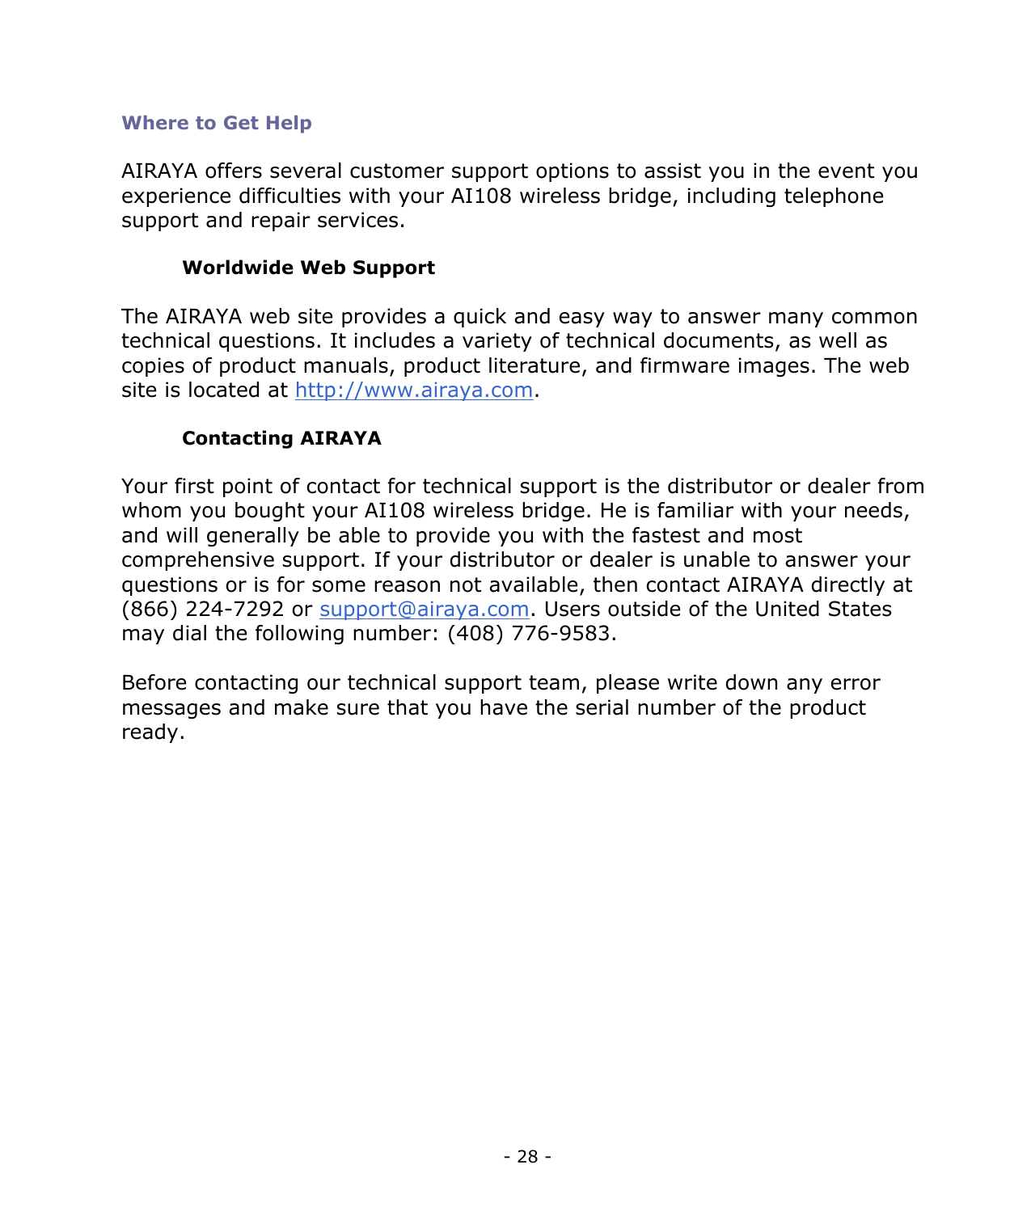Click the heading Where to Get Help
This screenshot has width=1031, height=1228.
tap(216, 123)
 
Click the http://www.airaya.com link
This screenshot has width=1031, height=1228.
tap(413, 390)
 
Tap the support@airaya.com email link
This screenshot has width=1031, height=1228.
tap(424, 610)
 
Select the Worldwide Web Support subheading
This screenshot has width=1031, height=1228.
tap(308, 268)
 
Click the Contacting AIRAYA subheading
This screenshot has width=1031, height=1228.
tap(281, 438)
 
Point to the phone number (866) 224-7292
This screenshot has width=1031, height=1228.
tap(202, 610)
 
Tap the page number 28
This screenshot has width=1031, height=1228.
tap(527, 1157)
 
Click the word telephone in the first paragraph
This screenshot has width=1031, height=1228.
tap(833, 196)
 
